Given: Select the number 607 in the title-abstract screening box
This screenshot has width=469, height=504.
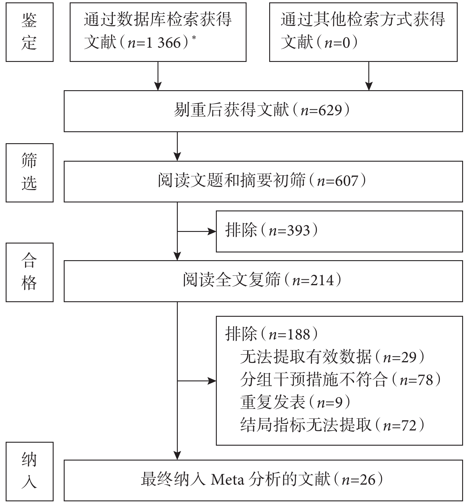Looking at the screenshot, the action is click(346, 181).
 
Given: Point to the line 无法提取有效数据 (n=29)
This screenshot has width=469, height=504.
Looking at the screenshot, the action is click(332, 357).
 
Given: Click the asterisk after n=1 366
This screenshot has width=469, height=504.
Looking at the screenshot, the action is click(194, 38).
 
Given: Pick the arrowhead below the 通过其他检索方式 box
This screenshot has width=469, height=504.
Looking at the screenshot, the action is click(369, 86).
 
